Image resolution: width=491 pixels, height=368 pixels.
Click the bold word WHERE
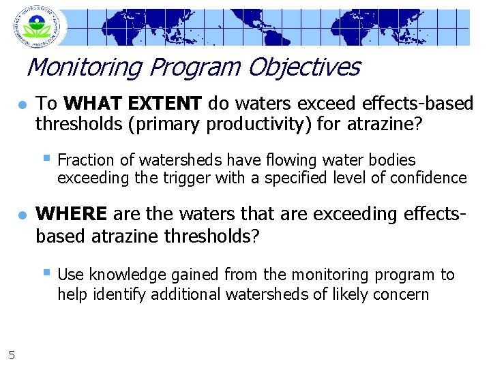72,214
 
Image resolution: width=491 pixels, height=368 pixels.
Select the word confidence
432,179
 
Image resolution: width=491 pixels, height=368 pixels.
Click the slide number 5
12,353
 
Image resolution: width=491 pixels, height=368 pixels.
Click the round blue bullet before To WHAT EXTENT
22,105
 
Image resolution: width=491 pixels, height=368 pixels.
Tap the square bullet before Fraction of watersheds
46,159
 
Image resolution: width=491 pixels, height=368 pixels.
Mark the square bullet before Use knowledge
46,273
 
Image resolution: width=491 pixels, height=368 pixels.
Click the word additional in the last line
183,294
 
